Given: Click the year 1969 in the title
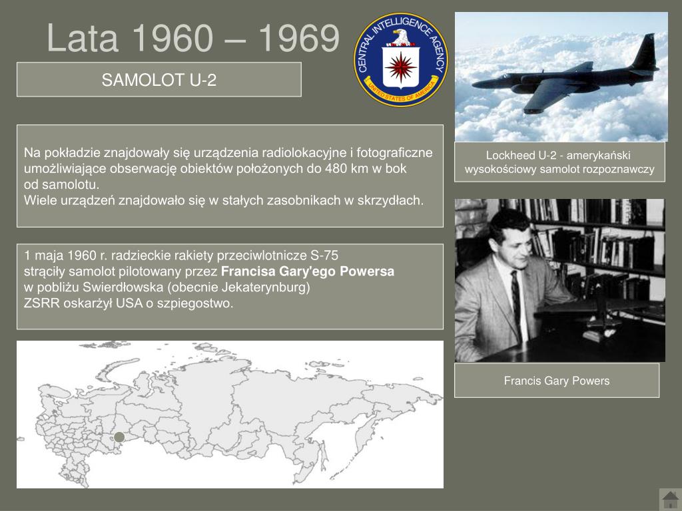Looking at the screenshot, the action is tap(299, 38).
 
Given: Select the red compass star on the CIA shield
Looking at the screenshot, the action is tap(400, 67).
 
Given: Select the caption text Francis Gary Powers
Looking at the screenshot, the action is tap(557, 381).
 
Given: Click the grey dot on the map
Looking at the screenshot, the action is tap(119, 437).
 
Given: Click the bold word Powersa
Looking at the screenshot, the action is tap(367, 271).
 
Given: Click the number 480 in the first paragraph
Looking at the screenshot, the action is tap(336, 168).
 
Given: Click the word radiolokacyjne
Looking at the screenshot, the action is tap(304, 153).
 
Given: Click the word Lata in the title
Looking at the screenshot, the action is tap(82, 38).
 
